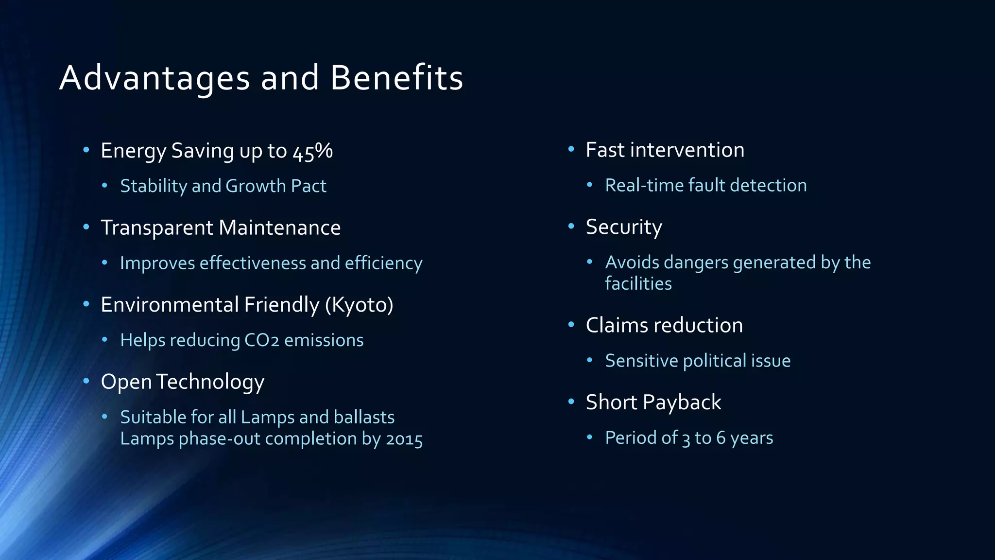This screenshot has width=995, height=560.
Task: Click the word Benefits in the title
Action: pyautogui.click(x=396, y=78)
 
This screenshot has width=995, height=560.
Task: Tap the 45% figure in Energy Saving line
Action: pyautogui.click(x=312, y=151)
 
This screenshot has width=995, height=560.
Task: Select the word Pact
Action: pyautogui.click(x=309, y=186)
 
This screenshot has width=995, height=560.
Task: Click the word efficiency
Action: pyautogui.click(x=383, y=263)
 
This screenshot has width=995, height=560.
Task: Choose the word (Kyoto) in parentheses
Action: pyautogui.click(x=359, y=305)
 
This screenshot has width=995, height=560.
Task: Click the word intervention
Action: pyautogui.click(x=687, y=150)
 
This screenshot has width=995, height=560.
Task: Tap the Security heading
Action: pyautogui.click(x=624, y=227)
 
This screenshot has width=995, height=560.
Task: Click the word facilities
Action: pyautogui.click(x=638, y=283)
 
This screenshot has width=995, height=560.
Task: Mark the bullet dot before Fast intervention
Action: pyautogui.click(x=571, y=149)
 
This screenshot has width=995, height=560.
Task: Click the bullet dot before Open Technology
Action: pyautogui.click(x=86, y=381)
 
